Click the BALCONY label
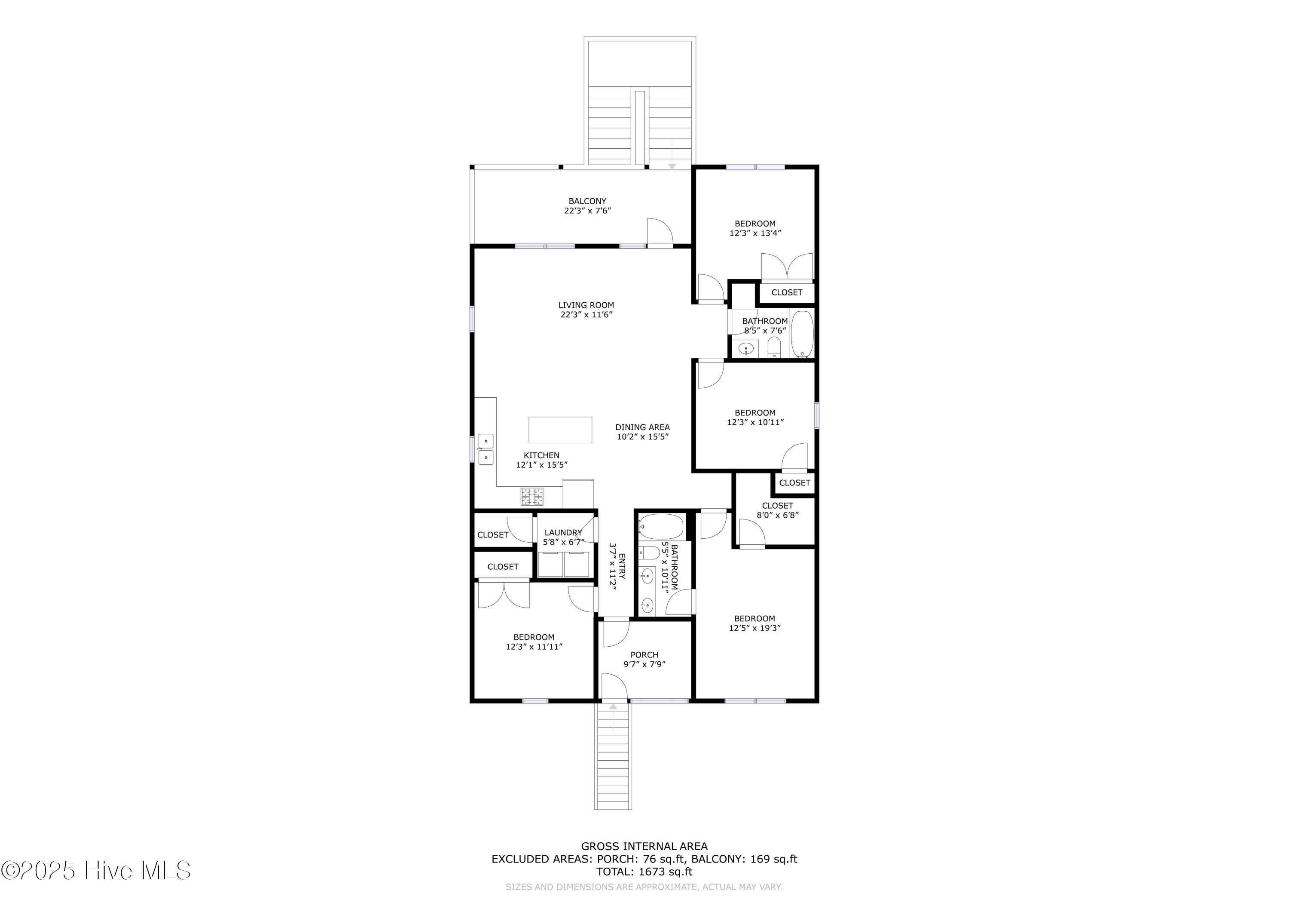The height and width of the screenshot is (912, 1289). click(587, 201)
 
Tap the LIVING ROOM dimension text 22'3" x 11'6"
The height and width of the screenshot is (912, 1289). click(586, 315)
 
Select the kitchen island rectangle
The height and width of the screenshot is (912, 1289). click(560, 430)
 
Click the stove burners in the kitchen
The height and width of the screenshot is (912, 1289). click(531, 496)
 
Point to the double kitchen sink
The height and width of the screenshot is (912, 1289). click(486, 449)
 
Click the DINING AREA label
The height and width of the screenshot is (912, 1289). click(642, 427)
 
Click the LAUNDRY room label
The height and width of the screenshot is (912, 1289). click(563, 533)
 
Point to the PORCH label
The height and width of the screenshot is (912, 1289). click(644, 654)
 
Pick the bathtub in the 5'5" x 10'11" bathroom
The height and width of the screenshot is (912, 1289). click(661, 527)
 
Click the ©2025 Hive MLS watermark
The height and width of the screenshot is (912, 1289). click(95, 871)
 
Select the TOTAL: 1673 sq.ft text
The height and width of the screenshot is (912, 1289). click(644, 872)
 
